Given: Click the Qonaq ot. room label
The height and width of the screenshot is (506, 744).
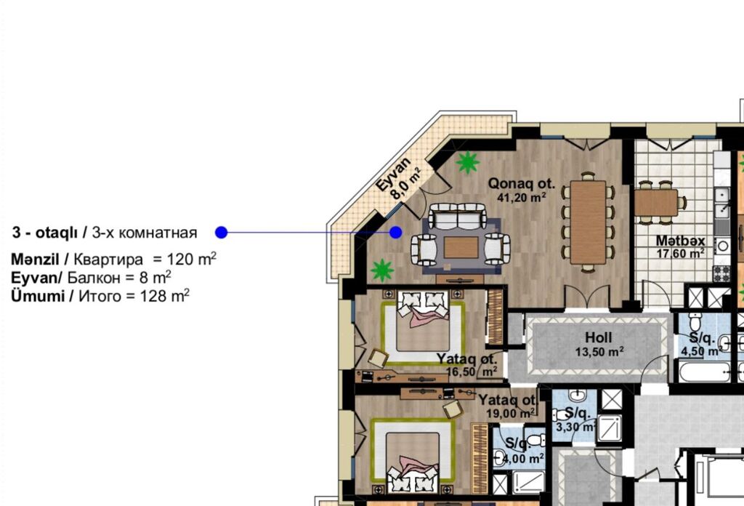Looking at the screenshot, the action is pyautogui.click(x=522, y=183).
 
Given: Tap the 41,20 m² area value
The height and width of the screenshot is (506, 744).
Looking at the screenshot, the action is pyautogui.click(x=522, y=197).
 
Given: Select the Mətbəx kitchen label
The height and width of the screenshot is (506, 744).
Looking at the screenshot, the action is pyautogui.click(x=680, y=241).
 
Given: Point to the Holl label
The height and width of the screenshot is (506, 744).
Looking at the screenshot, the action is pyautogui.click(x=599, y=337).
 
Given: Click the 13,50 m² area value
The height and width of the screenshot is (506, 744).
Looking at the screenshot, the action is pyautogui.click(x=599, y=352).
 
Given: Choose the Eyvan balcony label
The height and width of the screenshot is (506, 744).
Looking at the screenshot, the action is pyautogui.click(x=393, y=174).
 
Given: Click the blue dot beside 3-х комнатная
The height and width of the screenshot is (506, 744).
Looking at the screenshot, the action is pyautogui.click(x=221, y=233).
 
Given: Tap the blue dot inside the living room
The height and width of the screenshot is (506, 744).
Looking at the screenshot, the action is pyautogui.click(x=396, y=233).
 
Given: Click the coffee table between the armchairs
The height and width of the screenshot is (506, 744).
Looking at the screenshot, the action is pyautogui.click(x=461, y=247).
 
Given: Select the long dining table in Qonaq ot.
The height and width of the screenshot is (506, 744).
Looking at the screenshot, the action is pyautogui.click(x=588, y=222).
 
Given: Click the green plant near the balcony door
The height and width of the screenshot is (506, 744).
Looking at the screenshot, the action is pyautogui.click(x=468, y=162).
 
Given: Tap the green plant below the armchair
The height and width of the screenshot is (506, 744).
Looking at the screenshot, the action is pyautogui.click(x=382, y=270).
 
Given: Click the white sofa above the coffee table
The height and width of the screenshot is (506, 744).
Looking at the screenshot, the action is pyautogui.click(x=458, y=216).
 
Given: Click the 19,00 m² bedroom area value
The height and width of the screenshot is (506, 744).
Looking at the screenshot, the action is pyautogui.click(x=511, y=413).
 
